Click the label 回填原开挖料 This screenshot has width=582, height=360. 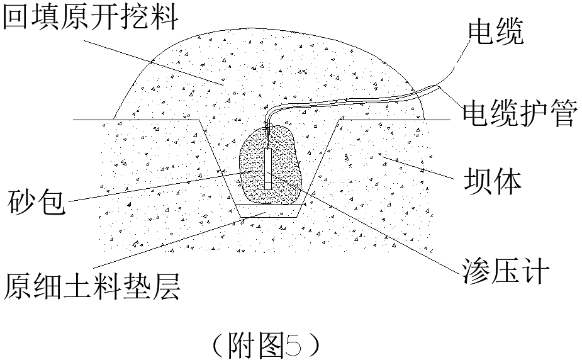point(91,19)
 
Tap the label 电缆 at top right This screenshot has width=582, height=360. point(495,33)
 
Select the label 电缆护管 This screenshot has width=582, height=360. point(520,114)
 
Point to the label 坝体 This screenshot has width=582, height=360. point(492,181)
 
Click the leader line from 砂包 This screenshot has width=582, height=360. point(157,188)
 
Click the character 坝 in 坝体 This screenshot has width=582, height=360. point(476,181)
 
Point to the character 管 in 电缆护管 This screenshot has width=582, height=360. point(562,114)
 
